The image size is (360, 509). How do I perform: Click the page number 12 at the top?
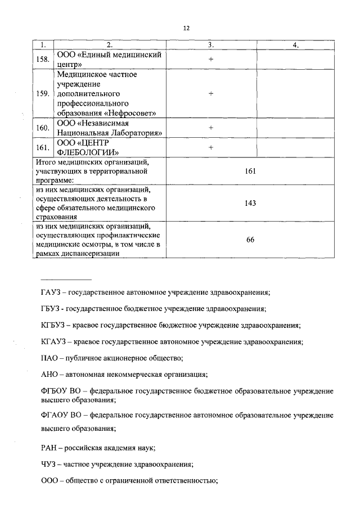tap(186, 27)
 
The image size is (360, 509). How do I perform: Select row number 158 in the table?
tap(42, 59)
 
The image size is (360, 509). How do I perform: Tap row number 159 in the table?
tap(42, 93)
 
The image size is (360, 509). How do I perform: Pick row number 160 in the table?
tap(42, 128)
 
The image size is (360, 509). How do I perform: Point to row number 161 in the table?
tap(42, 148)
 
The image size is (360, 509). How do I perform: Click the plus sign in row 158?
tap(211, 59)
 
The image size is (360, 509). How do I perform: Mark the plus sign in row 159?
tap(211, 93)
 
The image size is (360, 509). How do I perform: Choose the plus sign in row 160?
tap(211, 128)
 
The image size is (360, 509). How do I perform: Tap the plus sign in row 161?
tap(211, 148)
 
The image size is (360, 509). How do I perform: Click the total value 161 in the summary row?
tap(250, 171)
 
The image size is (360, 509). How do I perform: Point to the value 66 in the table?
tap(250, 240)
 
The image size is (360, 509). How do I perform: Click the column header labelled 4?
tap(295, 45)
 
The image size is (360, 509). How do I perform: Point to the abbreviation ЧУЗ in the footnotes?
tap(49, 465)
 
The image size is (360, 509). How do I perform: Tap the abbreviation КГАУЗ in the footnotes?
tap(53, 341)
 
